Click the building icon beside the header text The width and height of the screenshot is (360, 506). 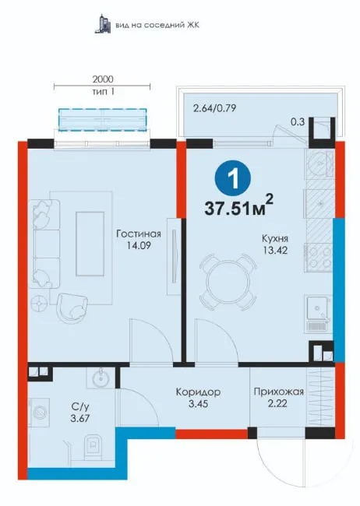point(103,24)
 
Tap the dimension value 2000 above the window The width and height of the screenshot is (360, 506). point(103,79)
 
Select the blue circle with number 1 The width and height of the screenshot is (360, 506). point(233,177)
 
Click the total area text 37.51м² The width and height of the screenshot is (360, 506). point(238,206)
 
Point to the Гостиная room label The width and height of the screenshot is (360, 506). point(139,234)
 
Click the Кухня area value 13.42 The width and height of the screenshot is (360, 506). point(275,250)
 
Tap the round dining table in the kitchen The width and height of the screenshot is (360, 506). point(227,282)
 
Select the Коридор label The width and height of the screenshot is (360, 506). point(198,392)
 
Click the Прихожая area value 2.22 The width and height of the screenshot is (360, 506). point(277,403)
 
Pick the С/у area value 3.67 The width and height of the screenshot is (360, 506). point(79,418)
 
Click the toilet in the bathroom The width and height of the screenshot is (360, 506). point(92,448)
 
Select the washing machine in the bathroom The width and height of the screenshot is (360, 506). point(39,413)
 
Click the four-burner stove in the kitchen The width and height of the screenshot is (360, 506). point(318,257)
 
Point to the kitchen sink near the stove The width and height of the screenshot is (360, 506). point(319,314)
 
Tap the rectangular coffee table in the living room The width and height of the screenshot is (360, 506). point(90,244)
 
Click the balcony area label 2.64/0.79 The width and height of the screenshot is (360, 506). point(214,107)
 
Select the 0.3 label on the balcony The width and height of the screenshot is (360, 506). point(298,121)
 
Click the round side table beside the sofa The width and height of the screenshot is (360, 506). point(40,303)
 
